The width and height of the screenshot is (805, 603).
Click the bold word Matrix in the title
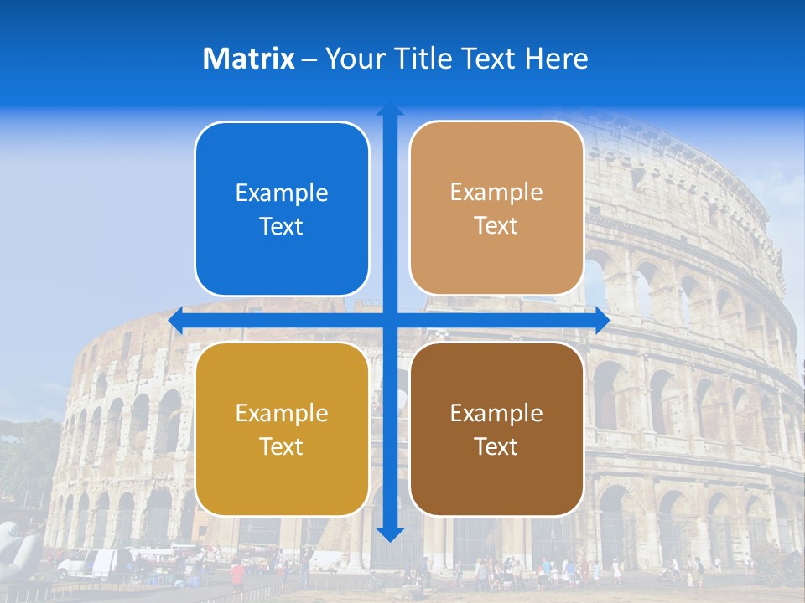coord(249,59)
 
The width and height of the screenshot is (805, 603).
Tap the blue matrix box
coord(282,209)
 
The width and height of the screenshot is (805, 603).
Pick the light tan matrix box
coord(496,209)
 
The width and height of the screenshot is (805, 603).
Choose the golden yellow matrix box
coord(282,429)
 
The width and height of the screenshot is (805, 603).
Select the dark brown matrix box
coord(496,429)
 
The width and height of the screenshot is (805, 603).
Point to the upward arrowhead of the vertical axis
coord(390,110)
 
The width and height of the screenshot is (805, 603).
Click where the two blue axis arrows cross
coord(390,321)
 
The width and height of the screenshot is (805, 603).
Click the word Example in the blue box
coord(282,193)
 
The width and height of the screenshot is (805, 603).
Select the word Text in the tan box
coord(496,226)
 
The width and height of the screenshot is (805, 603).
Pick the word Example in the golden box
coord(282,413)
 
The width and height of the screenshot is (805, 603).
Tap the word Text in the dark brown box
coord(496,446)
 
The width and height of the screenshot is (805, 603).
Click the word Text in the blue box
coord(282,227)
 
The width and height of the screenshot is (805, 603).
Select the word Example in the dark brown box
coord(496,413)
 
